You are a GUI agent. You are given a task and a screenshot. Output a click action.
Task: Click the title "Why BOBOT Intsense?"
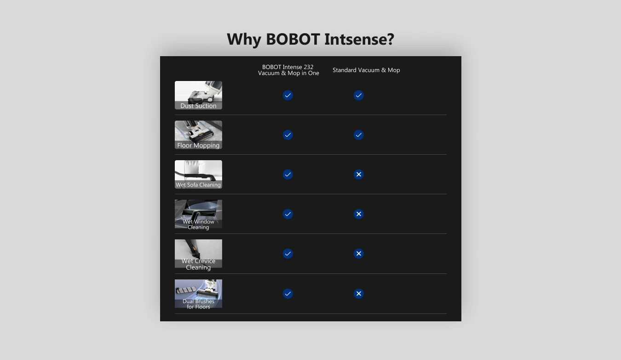click(x=310, y=39)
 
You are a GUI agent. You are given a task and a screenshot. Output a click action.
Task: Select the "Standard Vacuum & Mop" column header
click(x=366, y=70)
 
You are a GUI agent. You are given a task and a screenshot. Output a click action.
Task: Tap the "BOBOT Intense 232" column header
click(x=288, y=67)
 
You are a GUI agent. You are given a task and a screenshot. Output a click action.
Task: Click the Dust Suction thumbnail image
click(x=198, y=95)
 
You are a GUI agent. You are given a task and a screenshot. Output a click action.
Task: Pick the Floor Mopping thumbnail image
click(x=198, y=135)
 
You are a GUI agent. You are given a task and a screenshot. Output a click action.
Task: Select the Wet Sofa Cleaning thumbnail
click(x=198, y=174)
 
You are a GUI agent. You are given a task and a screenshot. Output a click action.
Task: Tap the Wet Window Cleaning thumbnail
click(x=198, y=215)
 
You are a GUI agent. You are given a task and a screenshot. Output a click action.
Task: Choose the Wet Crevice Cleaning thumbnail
click(x=198, y=254)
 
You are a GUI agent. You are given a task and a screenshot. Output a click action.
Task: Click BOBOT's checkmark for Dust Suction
click(x=288, y=95)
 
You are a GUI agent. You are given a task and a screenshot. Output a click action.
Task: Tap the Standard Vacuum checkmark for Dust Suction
click(x=358, y=95)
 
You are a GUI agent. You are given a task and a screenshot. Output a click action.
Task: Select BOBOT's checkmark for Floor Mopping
click(x=288, y=135)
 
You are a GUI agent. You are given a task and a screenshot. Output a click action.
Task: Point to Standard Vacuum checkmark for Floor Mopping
click(x=358, y=135)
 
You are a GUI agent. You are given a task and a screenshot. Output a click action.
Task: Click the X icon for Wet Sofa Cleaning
click(x=358, y=174)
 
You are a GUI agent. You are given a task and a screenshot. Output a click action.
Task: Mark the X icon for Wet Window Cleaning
click(x=358, y=214)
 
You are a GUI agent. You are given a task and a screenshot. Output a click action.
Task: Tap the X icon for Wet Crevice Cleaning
click(x=358, y=254)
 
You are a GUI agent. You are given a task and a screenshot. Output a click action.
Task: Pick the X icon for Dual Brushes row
click(x=358, y=294)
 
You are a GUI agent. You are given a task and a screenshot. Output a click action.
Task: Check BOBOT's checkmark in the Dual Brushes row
click(x=288, y=294)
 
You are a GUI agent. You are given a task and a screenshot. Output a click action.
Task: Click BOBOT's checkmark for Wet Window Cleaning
click(x=288, y=214)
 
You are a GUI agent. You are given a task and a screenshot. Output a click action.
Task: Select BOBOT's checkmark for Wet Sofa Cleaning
click(x=288, y=174)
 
